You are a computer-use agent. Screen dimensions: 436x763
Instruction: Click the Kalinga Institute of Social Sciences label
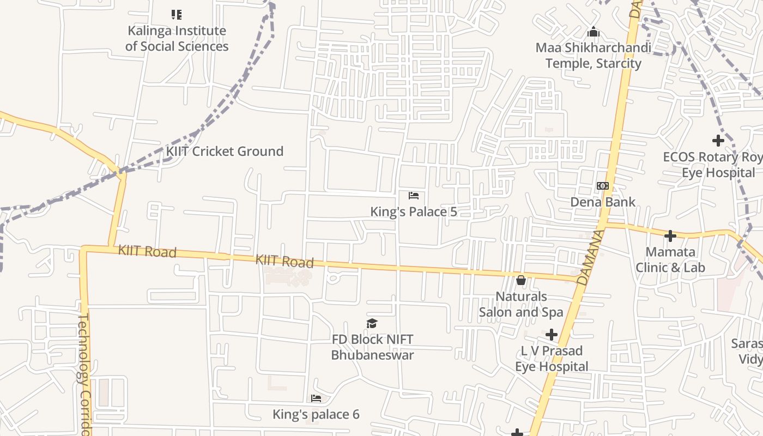click(x=177, y=39)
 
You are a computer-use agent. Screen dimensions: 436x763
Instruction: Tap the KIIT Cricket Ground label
click(x=225, y=152)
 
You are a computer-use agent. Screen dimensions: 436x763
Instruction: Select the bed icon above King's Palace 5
click(x=414, y=196)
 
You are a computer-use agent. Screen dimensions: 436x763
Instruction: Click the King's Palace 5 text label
click(x=414, y=212)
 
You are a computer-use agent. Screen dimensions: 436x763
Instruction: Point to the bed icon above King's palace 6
click(x=316, y=398)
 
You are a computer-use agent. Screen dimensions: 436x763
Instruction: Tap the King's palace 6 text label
click(x=316, y=415)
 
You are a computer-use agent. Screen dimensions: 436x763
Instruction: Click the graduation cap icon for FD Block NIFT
click(x=372, y=324)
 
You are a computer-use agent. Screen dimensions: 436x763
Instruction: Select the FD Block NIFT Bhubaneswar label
click(x=372, y=347)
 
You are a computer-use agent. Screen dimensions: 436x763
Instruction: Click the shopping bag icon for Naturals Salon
click(x=521, y=281)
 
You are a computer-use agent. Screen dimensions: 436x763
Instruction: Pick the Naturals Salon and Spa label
click(x=521, y=305)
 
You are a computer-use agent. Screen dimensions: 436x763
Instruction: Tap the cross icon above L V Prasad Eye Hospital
click(x=552, y=334)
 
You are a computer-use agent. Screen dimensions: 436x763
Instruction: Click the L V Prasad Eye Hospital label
click(x=552, y=359)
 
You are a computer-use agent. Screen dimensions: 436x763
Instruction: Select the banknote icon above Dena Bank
click(x=602, y=186)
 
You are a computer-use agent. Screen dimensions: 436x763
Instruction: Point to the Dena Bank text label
click(x=602, y=202)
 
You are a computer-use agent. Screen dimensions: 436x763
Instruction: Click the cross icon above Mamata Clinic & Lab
click(x=670, y=236)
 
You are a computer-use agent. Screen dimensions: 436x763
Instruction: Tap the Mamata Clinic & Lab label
click(x=670, y=260)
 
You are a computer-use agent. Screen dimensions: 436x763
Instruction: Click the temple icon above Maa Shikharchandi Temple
click(x=594, y=32)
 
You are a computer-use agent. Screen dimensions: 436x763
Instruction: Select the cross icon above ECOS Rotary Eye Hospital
click(x=718, y=141)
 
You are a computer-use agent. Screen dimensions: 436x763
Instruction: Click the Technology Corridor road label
click(x=84, y=373)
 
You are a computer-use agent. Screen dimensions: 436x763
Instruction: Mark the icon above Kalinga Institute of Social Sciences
click(x=177, y=15)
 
